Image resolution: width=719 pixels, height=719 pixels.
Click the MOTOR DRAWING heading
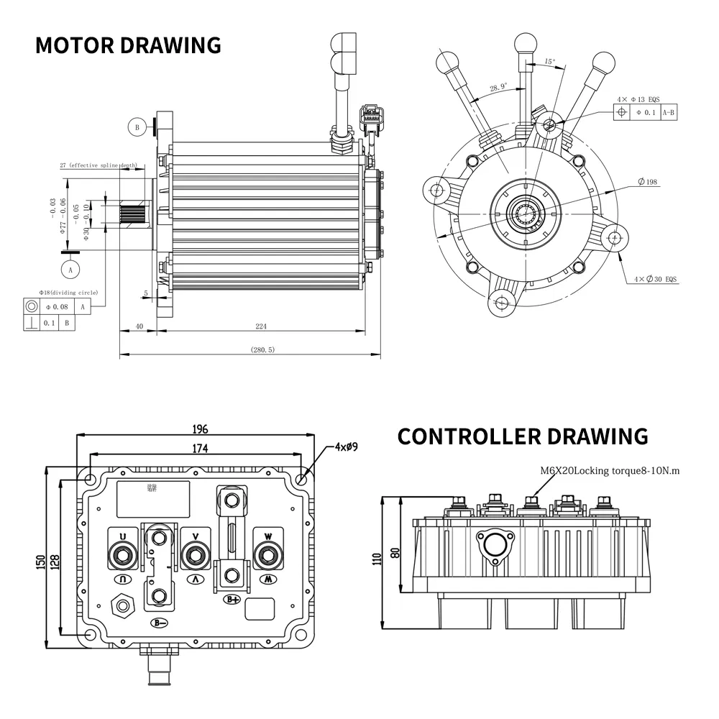128,45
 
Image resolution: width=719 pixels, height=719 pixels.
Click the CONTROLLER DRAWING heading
523,436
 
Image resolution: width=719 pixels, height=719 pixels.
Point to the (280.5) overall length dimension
262,349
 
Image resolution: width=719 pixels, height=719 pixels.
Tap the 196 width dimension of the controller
200,429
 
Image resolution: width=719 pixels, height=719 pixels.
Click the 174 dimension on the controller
200,449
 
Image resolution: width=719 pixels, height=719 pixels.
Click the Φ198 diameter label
647,182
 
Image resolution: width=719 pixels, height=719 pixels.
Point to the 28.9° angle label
498,87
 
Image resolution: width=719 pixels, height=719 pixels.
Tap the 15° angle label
550,62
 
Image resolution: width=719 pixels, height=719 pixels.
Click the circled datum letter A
70,269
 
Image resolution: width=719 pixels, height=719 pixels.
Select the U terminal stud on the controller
123,554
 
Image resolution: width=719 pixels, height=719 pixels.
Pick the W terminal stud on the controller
267,554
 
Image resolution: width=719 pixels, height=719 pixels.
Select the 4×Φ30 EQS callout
655,278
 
